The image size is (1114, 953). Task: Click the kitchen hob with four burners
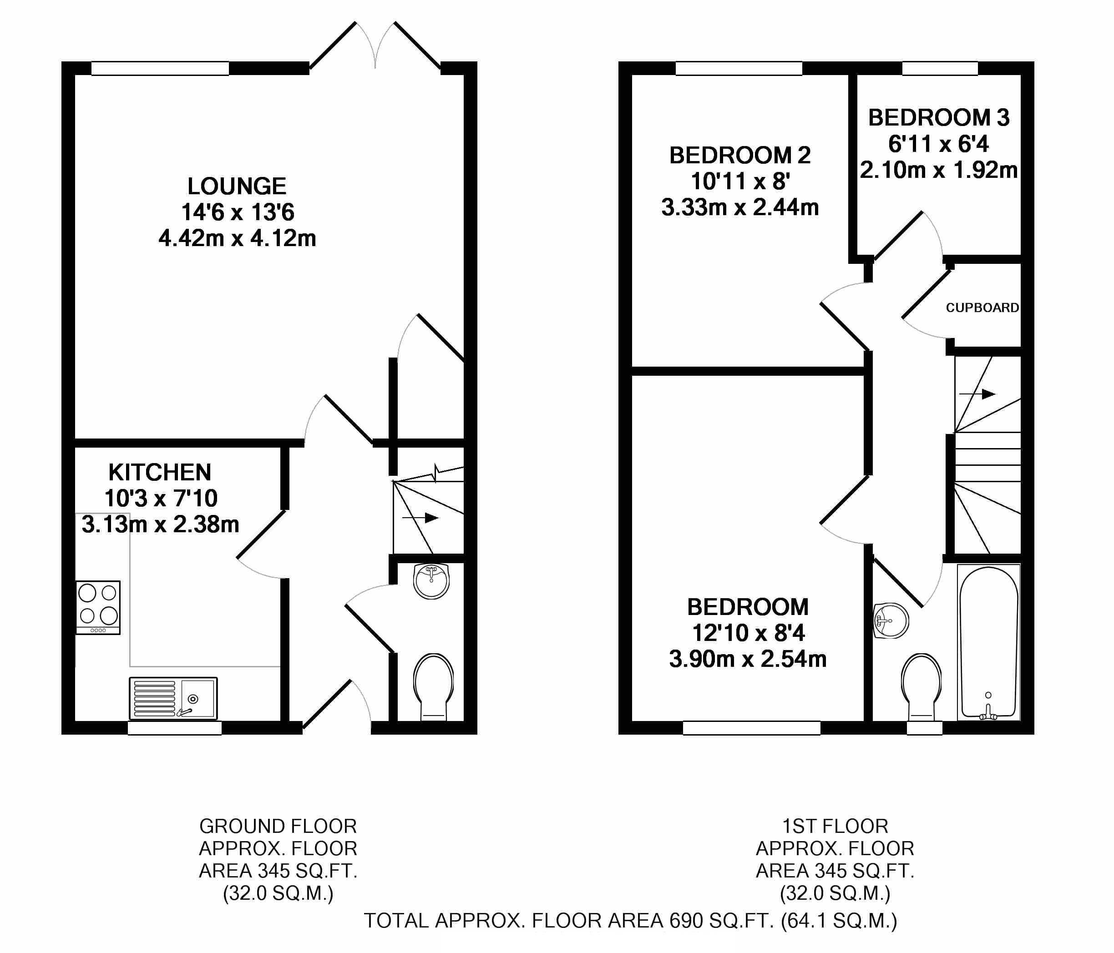98,607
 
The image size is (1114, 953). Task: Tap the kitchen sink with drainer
173,698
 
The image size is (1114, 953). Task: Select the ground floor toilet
433,686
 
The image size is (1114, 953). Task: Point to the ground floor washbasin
431,581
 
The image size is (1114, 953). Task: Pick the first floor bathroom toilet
922,687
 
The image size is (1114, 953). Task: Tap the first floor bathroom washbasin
891,621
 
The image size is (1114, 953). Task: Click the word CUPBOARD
982,308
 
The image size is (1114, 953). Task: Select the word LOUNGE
237,187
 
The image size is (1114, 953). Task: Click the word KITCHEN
160,473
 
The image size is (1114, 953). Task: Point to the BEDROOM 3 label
939,118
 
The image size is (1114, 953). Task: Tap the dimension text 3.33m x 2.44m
740,207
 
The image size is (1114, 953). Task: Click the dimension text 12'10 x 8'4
748,633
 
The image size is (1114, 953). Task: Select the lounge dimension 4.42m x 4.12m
237,238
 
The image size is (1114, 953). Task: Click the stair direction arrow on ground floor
420,518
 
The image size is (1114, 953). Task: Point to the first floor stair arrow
977,394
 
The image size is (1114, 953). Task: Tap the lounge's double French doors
375,45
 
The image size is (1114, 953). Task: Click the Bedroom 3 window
940,68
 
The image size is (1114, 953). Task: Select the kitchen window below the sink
175,728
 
